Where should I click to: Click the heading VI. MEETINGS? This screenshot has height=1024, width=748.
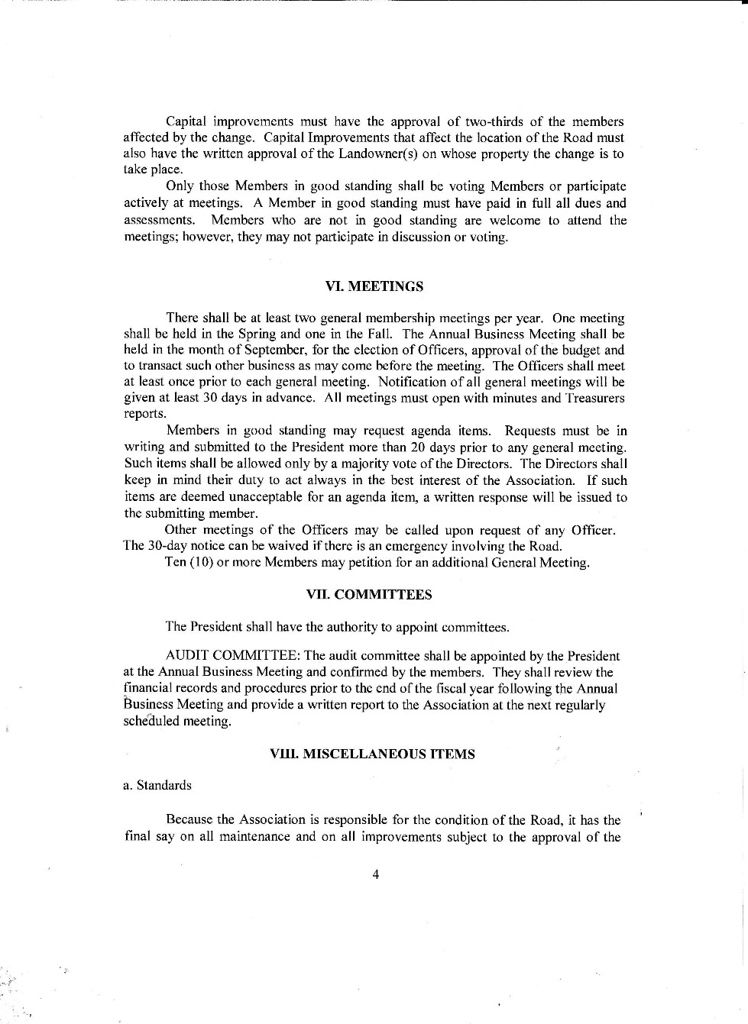pos(374,286)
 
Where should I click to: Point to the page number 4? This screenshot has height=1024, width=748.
pos(375,875)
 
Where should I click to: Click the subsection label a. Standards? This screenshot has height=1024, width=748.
pos(157,785)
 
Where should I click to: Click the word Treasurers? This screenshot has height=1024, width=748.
pos(594,399)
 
